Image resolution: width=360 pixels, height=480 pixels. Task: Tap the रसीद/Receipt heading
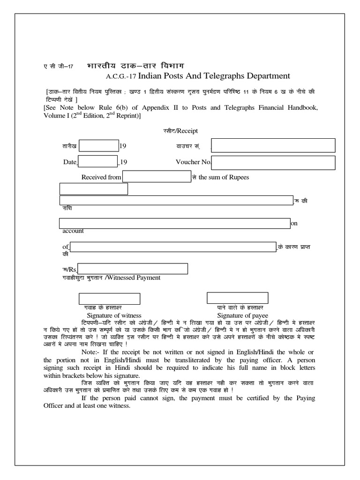(174, 132)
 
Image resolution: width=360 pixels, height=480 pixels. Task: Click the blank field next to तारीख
(98, 146)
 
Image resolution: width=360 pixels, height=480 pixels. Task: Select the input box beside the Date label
(97, 162)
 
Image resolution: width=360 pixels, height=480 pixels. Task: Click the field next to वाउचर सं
(273, 145)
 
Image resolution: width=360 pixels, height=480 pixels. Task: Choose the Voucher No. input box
(274, 162)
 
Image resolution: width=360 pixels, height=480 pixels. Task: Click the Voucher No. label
(193, 162)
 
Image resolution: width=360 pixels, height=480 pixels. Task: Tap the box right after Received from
(156, 177)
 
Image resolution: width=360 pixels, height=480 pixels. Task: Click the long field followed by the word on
(174, 223)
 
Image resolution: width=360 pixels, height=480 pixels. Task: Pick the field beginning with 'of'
(173, 247)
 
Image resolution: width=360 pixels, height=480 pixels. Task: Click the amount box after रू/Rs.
(133, 269)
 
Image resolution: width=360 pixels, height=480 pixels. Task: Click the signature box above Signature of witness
(109, 299)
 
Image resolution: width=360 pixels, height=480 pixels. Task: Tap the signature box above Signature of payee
(238, 298)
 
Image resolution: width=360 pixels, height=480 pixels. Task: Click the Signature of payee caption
(240, 315)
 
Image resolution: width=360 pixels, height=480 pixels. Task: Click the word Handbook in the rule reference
(300, 108)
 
